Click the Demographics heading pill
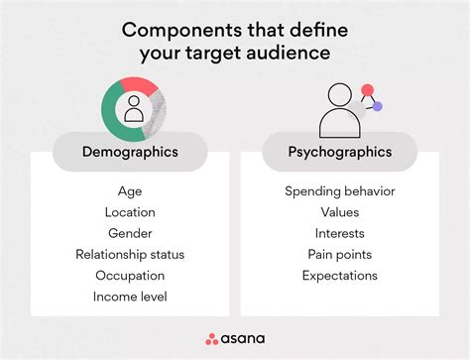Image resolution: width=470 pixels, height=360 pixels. click(130, 152)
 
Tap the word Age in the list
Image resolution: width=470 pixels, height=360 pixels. click(130, 190)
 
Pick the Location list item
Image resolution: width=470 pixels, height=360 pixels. click(130, 211)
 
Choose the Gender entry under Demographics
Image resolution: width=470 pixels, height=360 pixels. click(130, 233)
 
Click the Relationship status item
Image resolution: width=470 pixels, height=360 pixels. click(130, 254)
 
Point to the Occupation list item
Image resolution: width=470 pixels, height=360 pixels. click(130, 275)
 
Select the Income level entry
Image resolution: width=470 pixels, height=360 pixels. click(130, 296)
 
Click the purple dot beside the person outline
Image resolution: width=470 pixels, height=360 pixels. click(377, 106)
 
